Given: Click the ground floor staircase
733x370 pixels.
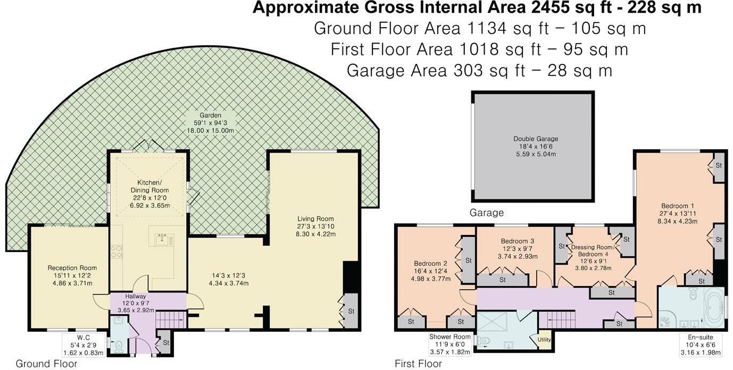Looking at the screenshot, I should point(171,319).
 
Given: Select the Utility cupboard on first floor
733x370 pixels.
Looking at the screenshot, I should point(544,340).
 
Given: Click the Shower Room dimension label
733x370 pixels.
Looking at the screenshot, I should point(450,344).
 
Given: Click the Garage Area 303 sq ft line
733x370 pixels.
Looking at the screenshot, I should point(479,70).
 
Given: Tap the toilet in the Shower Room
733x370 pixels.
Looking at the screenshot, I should point(484,340).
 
